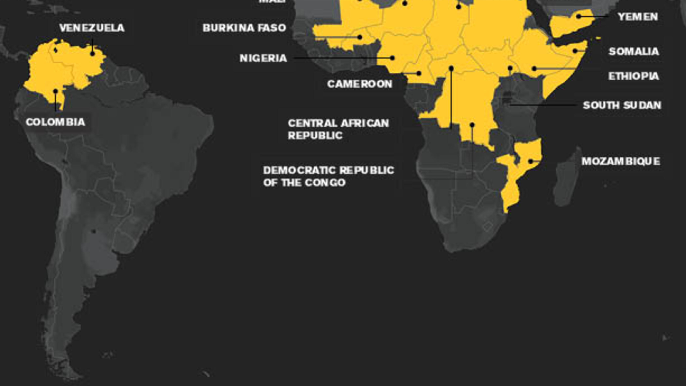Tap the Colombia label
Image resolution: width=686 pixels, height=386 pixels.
click(55, 122)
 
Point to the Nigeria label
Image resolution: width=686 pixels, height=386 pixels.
click(263, 58)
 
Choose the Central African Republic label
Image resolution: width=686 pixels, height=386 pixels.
click(338, 129)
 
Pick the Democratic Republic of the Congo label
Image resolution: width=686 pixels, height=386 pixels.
click(328, 176)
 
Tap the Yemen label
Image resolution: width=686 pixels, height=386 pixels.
click(638, 17)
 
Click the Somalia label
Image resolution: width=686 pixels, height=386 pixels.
click(634, 51)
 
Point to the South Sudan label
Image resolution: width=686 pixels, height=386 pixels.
click(622, 105)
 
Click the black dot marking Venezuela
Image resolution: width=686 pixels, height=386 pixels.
click(92, 54)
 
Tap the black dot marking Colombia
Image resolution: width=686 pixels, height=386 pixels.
click(55, 91)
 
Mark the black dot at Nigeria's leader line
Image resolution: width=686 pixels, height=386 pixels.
click(392, 58)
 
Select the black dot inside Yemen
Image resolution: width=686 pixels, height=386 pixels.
click(579, 16)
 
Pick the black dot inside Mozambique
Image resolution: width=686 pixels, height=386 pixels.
click(530, 161)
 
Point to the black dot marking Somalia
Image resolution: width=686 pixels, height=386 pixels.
click(575, 51)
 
